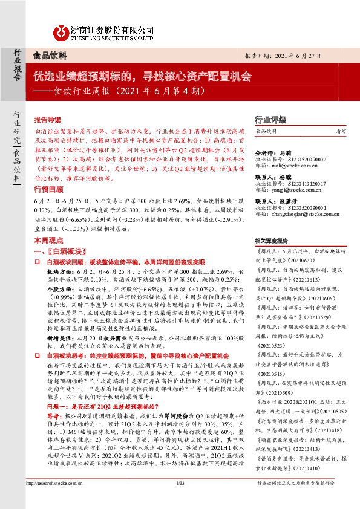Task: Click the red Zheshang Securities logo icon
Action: click(61, 31)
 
